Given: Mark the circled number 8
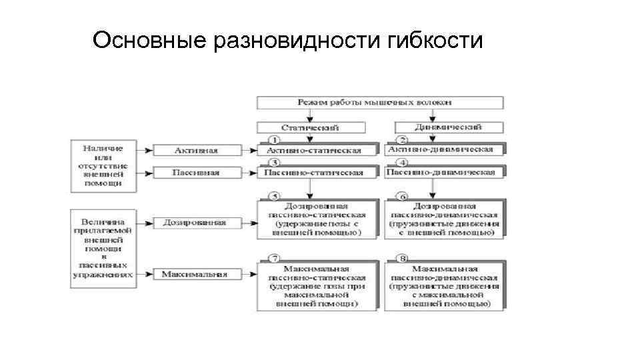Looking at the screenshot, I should (401, 258).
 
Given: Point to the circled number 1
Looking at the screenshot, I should (273, 139).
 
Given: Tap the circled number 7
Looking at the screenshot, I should (273, 258).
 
